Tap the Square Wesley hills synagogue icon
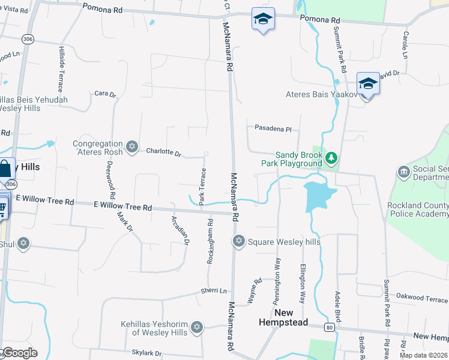pos(238,241)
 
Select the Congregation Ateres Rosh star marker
pos(132,147)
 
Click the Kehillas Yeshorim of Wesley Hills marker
pos(196,328)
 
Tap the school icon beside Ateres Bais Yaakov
pos(367,83)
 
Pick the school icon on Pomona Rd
pos(263,19)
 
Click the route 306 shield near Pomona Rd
pos(28,38)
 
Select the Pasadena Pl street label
pos(273,129)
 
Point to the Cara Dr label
pos(105,94)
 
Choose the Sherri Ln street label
pos(215,291)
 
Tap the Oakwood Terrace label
pos(423,298)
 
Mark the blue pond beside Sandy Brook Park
pos(318,196)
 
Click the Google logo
pos(20,353)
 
